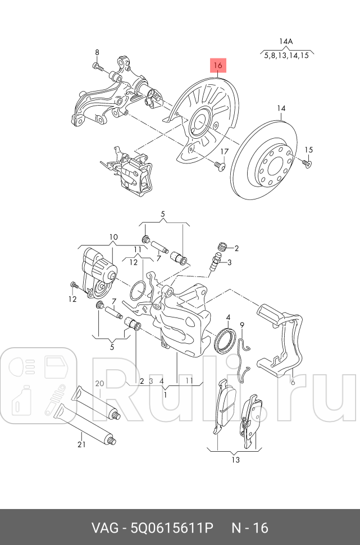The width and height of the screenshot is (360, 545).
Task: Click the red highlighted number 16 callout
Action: click(x=218, y=66)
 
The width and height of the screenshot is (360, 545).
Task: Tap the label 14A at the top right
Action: click(x=286, y=42)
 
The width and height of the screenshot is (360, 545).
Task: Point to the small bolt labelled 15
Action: click(x=306, y=163)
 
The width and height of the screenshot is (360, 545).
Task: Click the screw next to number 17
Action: click(x=219, y=165)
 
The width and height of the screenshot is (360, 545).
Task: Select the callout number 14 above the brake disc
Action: click(x=281, y=108)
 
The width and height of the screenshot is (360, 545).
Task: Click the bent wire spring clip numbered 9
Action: click(x=242, y=354)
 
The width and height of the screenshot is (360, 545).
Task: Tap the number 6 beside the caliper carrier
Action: click(x=292, y=382)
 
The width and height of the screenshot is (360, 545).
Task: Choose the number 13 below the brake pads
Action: click(x=235, y=460)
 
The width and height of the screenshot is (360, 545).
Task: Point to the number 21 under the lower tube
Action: click(x=81, y=445)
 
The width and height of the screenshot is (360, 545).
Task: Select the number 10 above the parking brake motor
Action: click(x=113, y=237)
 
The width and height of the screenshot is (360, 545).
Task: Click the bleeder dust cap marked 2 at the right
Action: click(x=222, y=247)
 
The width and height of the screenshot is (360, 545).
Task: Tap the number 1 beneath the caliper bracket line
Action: click(x=165, y=395)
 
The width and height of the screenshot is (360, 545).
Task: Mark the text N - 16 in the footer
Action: click(x=250, y=528)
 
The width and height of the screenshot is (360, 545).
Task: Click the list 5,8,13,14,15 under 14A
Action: click(x=286, y=56)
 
